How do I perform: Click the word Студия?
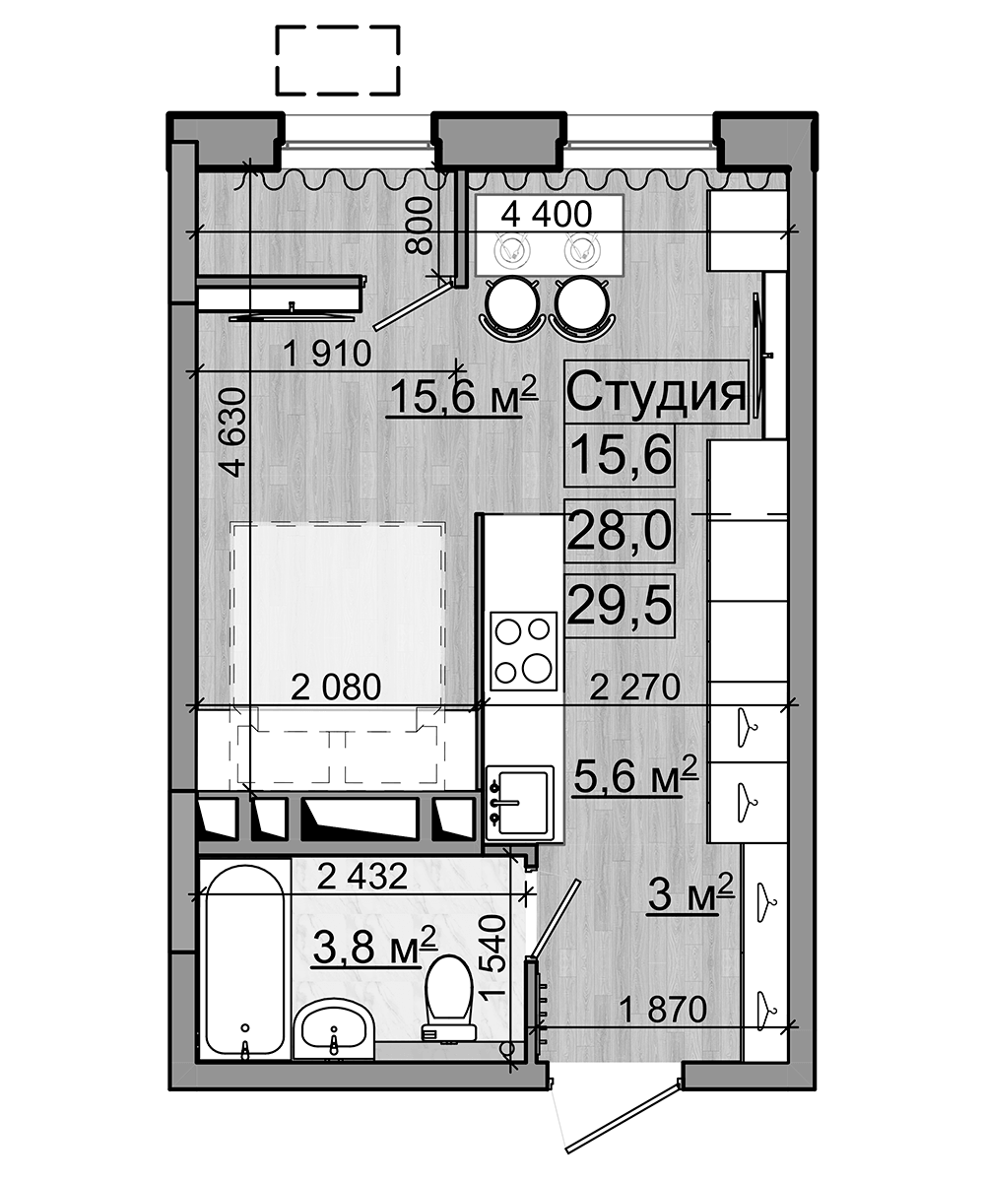[655, 392]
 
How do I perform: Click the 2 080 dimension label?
[336, 687]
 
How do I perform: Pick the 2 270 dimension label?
[634, 687]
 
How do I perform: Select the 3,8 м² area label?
[373, 947]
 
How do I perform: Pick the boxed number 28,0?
[619, 531]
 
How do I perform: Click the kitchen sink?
[522, 801]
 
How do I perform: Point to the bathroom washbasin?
[334, 1029]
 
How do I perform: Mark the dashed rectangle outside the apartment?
[337, 60]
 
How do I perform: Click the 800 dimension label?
[419, 226]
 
